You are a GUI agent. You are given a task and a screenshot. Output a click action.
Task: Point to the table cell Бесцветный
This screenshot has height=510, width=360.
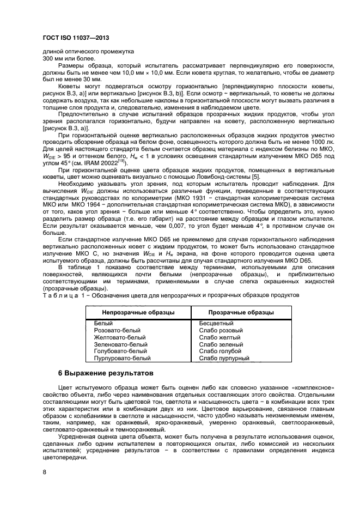217,323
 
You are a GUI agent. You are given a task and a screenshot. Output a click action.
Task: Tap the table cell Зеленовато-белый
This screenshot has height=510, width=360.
120,344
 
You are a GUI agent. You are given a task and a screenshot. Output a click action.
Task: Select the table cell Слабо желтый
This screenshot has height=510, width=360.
218,337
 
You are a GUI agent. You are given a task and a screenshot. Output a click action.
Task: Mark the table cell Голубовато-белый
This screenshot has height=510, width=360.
120,351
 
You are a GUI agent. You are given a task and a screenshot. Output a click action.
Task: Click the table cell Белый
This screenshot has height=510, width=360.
103,323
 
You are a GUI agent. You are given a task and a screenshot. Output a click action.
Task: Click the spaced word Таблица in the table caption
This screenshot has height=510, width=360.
58,295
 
